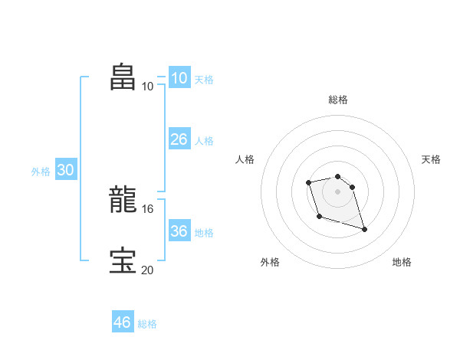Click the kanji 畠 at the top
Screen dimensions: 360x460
[x=123, y=77]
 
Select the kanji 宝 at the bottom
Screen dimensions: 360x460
[x=123, y=260]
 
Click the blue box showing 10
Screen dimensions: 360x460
[x=179, y=78]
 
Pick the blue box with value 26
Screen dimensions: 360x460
[x=179, y=139]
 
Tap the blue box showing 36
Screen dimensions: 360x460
[x=179, y=231]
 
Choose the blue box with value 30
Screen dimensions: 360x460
[x=65, y=170]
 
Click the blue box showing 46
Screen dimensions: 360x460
[x=122, y=322]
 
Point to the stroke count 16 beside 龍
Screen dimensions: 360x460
[x=148, y=208]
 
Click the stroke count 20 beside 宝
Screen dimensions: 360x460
[x=148, y=270]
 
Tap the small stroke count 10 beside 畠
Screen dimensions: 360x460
[x=147, y=86]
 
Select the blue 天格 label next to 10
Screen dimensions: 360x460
[x=204, y=80]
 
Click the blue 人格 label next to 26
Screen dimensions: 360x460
[x=204, y=141]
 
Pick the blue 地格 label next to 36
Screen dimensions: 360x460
[x=204, y=233]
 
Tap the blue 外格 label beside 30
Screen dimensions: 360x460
[x=41, y=172]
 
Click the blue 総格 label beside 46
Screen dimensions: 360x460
[x=147, y=324]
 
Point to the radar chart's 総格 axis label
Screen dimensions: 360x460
[x=337, y=100]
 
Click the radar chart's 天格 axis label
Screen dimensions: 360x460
[x=432, y=159]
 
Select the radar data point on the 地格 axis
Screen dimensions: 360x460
[x=364, y=229]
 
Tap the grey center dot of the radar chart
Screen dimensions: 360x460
[x=337, y=191]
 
